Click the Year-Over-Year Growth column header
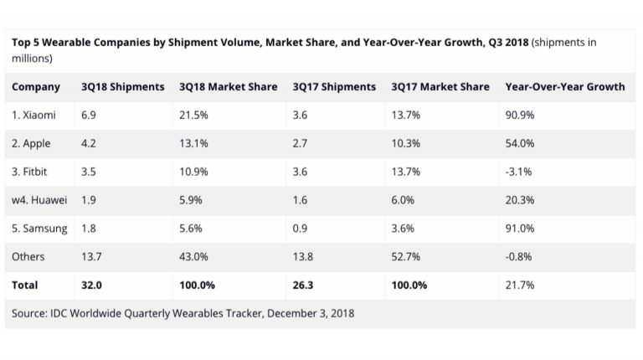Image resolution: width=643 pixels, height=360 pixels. [x=565, y=87]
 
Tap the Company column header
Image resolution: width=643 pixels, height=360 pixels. [x=36, y=87]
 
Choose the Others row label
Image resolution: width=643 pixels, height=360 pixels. [x=28, y=257]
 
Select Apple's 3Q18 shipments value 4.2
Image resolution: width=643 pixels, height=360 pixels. [x=90, y=143]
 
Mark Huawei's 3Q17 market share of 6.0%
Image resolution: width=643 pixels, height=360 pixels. [x=404, y=200]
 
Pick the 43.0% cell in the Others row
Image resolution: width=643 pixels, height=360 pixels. [x=193, y=257]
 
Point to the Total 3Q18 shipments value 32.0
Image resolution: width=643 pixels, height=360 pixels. [x=92, y=285]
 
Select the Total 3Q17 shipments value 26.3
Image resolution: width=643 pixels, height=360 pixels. [x=304, y=285]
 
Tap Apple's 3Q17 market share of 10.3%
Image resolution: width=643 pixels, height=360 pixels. [x=406, y=143]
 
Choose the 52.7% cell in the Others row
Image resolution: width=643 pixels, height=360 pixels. [x=406, y=257]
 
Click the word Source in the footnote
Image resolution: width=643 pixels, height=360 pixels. [x=31, y=313]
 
